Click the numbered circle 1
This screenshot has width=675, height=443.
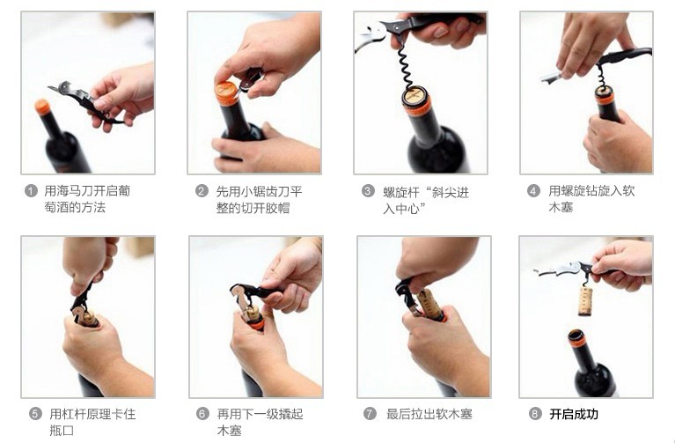(31, 191)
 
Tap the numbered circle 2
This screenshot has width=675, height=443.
(202, 191)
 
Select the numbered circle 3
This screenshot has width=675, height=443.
(368, 191)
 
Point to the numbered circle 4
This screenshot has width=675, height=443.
(533, 191)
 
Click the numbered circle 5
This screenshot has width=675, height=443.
(35, 413)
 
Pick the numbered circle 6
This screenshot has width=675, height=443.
(202, 413)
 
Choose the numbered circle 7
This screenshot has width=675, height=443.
(370, 413)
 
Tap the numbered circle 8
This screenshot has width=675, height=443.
(535, 413)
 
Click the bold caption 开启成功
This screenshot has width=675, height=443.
(574, 413)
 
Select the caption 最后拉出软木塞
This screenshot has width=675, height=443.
(429, 413)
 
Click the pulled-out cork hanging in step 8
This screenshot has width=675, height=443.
(585, 299)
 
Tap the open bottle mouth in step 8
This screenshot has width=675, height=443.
(576, 336)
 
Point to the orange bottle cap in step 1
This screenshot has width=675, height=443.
(42, 107)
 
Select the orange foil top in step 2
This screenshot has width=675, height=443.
(226, 93)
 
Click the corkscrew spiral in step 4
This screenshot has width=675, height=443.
(602, 78)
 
